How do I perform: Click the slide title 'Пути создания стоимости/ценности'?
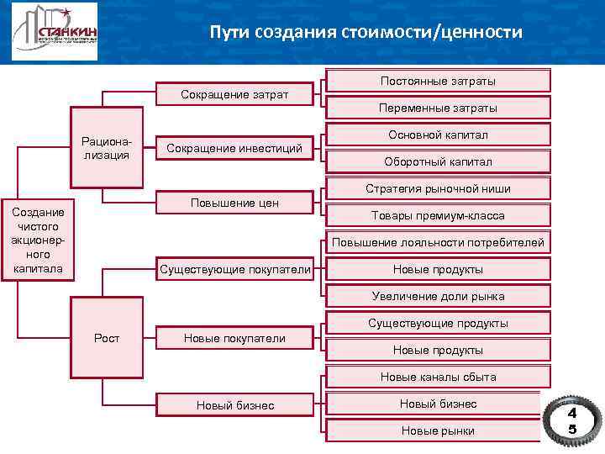(366, 33)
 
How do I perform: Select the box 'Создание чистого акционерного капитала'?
(39, 240)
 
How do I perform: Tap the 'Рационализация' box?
(106, 147)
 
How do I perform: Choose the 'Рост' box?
(108, 338)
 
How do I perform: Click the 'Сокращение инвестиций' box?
(234, 148)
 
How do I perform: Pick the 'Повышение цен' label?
(234, 203)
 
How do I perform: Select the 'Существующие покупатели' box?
(234, 269)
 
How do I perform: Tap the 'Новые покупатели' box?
(234, 338)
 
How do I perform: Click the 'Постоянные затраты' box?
(438, 81)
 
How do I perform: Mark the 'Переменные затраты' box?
(438, 108)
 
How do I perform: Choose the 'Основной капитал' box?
(438, 135)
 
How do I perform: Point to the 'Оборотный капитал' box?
(438, 161)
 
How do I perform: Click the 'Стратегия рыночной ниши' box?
(438, 188)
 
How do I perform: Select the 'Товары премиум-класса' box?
(438, 215)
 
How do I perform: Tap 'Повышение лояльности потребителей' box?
(438, 243)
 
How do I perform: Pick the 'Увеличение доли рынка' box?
(438, 296)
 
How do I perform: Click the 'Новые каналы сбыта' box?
(438, 377)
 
